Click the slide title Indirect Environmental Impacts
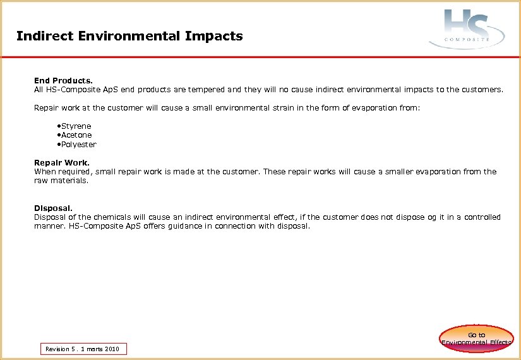129,36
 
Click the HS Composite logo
467,29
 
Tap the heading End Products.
63,81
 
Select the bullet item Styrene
76,126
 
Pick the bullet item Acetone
76,135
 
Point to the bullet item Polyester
78,145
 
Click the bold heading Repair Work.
62,163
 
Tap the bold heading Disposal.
53,208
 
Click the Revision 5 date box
83,349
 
